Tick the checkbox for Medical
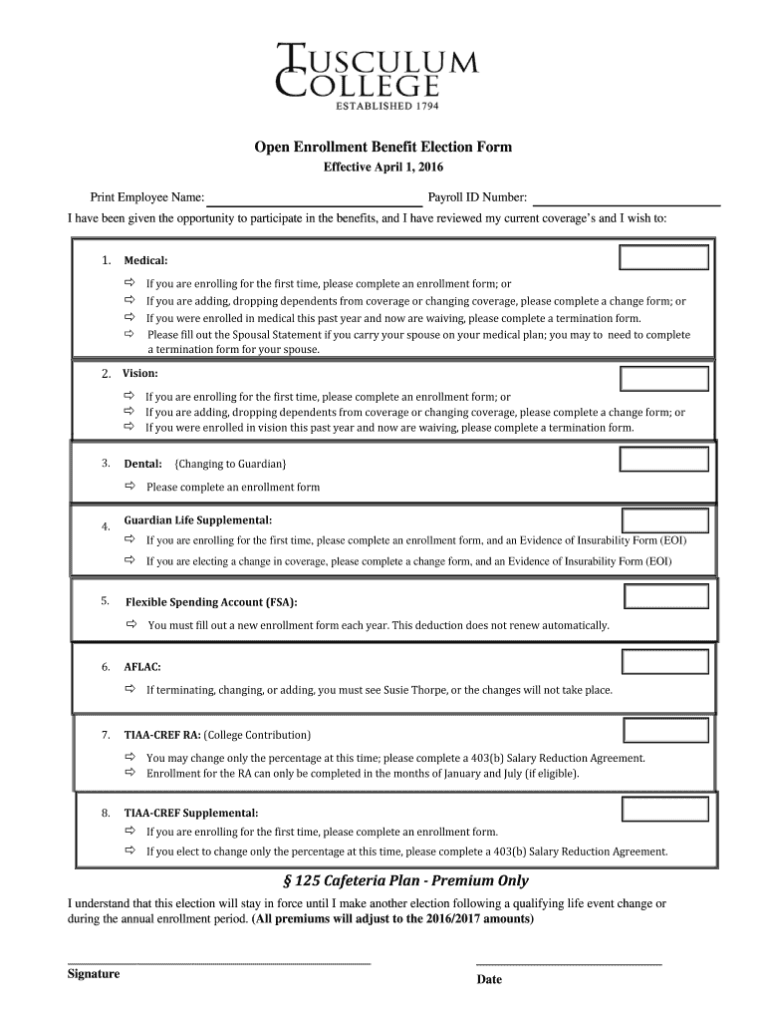664,258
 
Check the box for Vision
664,378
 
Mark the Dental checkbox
664,460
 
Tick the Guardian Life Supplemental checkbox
664,520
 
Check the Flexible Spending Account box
665,596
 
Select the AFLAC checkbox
665,661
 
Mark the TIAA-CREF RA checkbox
665,731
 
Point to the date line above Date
569,964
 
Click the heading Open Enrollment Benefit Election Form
383,147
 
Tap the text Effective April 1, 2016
383,168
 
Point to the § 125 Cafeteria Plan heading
406,880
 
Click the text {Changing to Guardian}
230,464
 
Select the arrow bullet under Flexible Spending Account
130,625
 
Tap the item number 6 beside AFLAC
105,666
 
